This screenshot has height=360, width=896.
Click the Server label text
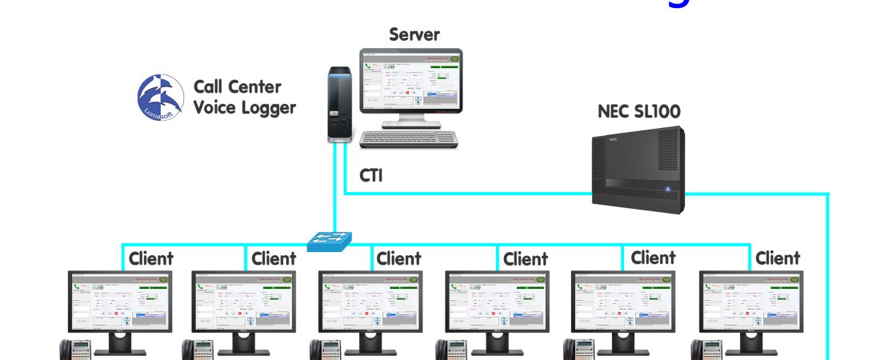414,34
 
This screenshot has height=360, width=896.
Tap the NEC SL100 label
639,111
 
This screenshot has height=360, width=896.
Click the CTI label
370,174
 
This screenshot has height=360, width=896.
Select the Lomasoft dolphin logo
161,98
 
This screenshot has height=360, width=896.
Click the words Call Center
238,86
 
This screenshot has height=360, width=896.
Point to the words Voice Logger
245,107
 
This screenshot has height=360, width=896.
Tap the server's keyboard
409,138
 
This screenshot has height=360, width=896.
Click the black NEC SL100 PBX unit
638,171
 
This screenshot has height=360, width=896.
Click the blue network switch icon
330,238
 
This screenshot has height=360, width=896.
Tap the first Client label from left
150,258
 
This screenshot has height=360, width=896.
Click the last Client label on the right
778,258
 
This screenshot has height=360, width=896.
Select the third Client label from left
398,258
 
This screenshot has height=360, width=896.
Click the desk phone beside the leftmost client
77,350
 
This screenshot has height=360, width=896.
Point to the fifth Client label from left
653,258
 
